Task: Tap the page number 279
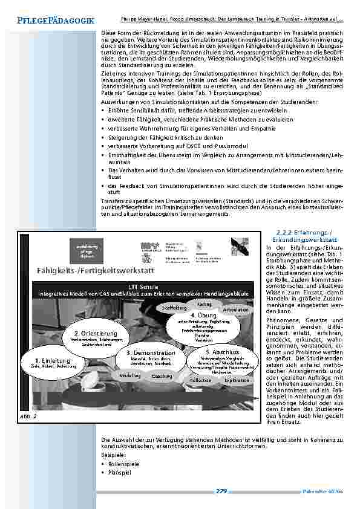pos(221,491)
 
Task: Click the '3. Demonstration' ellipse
pos(151,357)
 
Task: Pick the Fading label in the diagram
pos(205,304)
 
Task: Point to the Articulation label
pos(235,310)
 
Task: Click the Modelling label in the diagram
pos(129,375)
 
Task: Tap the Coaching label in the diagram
pos(162,377)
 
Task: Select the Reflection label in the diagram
pos(201,381)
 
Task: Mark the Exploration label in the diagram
pos(237,381)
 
